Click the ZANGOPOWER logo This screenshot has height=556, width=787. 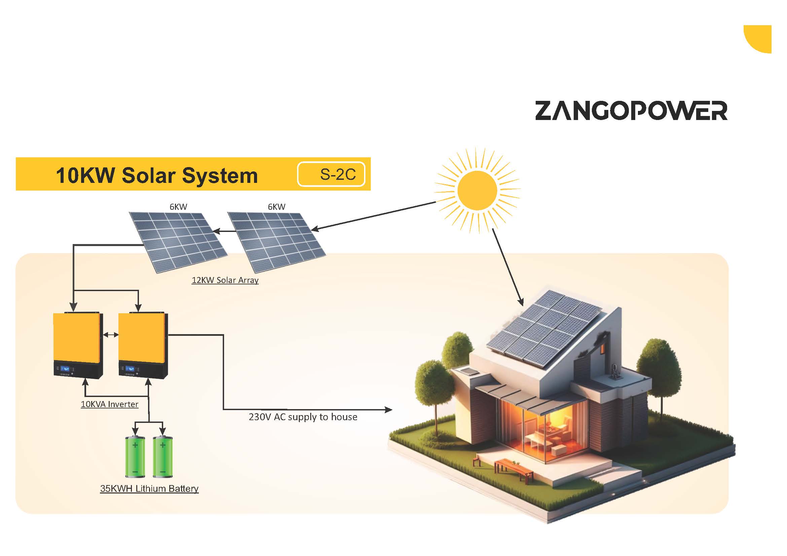(631, 111)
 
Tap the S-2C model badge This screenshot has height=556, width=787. (331, 174)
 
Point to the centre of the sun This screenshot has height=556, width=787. (477, 190)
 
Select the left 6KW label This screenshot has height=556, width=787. (178, 207)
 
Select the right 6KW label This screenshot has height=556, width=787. (276, 207)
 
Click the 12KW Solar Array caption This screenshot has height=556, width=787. (225, 280)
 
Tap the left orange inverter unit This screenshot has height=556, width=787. (78, 345)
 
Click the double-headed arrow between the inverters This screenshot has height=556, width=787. (111, 335)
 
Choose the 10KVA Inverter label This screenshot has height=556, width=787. (109, 404)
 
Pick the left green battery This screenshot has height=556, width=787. (135, 456)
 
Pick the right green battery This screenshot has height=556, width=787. (163, 456)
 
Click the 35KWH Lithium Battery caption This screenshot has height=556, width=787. (149, 488)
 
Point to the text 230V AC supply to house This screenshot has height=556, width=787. (303, 417)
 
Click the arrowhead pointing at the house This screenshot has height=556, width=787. (388, 409)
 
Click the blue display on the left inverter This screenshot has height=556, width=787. (65, 369)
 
